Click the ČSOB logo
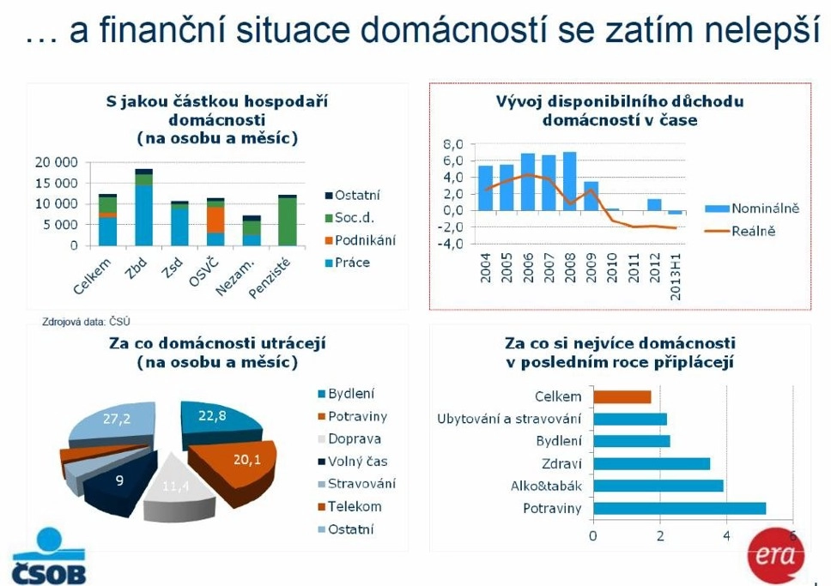pos(49,556)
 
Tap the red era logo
pos(775,555)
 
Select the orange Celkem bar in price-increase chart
pos(622,397)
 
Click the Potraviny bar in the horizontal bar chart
pos(679,509)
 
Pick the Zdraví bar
pos(652,464)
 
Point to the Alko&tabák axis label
pos(546,486)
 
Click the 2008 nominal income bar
pos(570,181)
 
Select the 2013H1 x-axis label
pos(675,276)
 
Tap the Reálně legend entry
pos(740,231)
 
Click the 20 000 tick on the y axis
pos(56,162)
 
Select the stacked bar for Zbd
pos(143,207)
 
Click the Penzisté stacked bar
pos(288,221)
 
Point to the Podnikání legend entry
pos(361,240)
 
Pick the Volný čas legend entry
pos(353,462)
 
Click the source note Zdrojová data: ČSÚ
pos(86,322)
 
